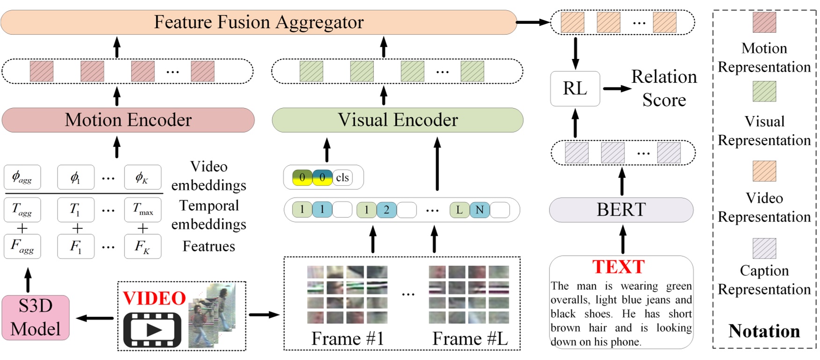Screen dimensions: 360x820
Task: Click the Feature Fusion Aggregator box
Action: [258, 22]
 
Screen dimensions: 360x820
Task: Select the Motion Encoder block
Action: [128, 120]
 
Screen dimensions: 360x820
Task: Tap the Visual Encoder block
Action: [397, 120]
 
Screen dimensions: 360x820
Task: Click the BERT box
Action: [621, 210]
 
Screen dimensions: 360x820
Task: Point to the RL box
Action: [575, 88]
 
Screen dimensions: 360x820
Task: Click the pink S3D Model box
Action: [36, 317]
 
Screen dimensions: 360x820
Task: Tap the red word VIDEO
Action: [154, 298]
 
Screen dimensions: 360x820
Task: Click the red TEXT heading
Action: [618, 267]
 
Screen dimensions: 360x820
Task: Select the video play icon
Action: [152, 330]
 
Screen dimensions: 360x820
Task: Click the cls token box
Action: [343, 178]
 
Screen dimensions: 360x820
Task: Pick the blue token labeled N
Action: [479, 210]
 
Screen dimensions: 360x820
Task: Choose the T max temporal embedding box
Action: [143, 209]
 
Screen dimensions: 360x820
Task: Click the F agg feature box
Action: [22, 246]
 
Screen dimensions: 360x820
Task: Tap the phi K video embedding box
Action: [143, 177]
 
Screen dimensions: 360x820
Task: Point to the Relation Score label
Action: [664, 88]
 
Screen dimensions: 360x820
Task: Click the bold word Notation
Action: [764, 331]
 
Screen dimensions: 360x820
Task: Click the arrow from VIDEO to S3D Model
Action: [95, 318]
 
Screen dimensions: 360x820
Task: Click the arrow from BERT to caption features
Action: [622, 182]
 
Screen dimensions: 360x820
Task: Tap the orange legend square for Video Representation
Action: [764, 171]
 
